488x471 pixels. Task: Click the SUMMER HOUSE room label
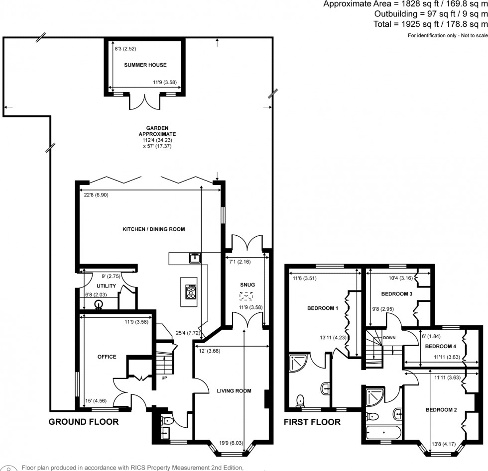point(145,65)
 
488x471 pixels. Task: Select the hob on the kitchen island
point(191,292)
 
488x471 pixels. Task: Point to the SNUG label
point(247,284)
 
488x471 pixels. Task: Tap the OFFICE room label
point(107,357)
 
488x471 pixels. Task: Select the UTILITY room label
point(106,286)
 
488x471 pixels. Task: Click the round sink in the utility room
point(98,304)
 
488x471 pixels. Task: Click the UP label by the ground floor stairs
point(164,377)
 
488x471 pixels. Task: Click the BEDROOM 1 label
point(322,308)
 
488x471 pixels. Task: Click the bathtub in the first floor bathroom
point(380,431)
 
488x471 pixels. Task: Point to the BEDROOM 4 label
point(440,346)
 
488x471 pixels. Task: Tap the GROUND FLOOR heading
point(83,422)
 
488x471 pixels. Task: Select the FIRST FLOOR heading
point(312,422)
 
